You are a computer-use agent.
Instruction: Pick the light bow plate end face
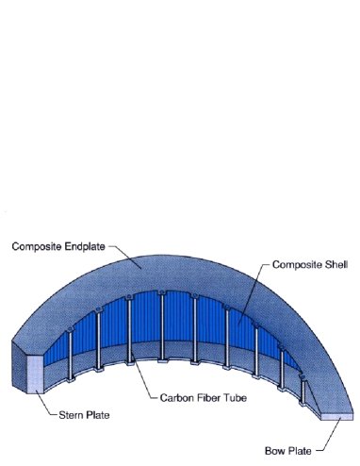339,413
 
